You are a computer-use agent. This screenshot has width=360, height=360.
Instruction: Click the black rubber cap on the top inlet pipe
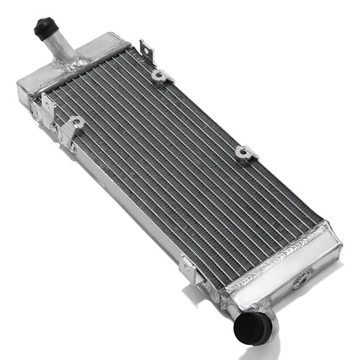click(x=44, y=29)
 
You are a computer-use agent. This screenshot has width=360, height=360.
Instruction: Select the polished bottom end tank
click(x=285, y=260)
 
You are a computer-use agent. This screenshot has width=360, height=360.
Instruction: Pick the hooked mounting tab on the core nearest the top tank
click(x=159, y=77)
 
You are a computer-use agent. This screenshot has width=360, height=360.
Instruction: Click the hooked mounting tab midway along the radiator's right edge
click(x=244, y=152)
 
